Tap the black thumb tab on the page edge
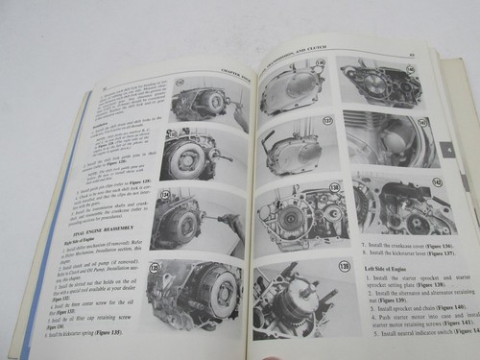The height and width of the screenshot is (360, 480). coord(449,151)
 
